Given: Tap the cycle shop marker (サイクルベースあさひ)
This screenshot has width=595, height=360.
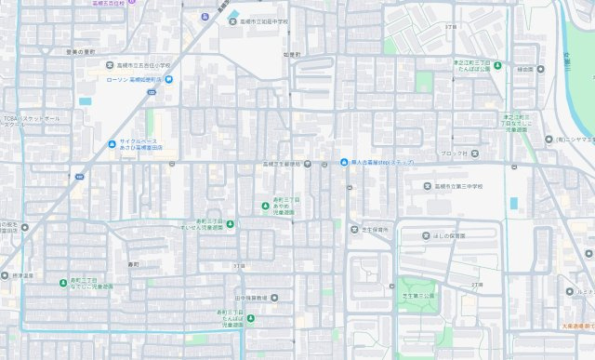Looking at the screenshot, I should (112, 143).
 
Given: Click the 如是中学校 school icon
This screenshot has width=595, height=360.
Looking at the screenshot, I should (233, 20).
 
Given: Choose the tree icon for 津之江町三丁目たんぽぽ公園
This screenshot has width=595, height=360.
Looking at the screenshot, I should (497, 65).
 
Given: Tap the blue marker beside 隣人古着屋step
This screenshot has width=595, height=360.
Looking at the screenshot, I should (344, 165).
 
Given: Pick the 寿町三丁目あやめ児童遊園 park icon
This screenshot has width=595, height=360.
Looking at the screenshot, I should (265, 206).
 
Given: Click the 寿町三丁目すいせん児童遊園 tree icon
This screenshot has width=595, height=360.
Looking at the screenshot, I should (230, 222).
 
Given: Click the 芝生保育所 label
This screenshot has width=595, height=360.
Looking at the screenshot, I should (375, 228).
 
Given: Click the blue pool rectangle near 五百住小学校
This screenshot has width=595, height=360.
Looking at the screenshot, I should (86, 100).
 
